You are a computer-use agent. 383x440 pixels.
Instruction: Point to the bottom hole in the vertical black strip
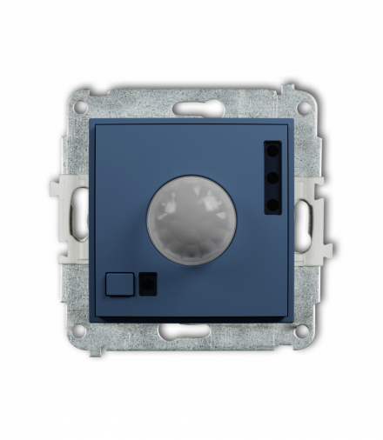[273, 204]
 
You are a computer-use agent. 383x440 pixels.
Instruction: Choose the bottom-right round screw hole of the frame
[302, 330]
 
